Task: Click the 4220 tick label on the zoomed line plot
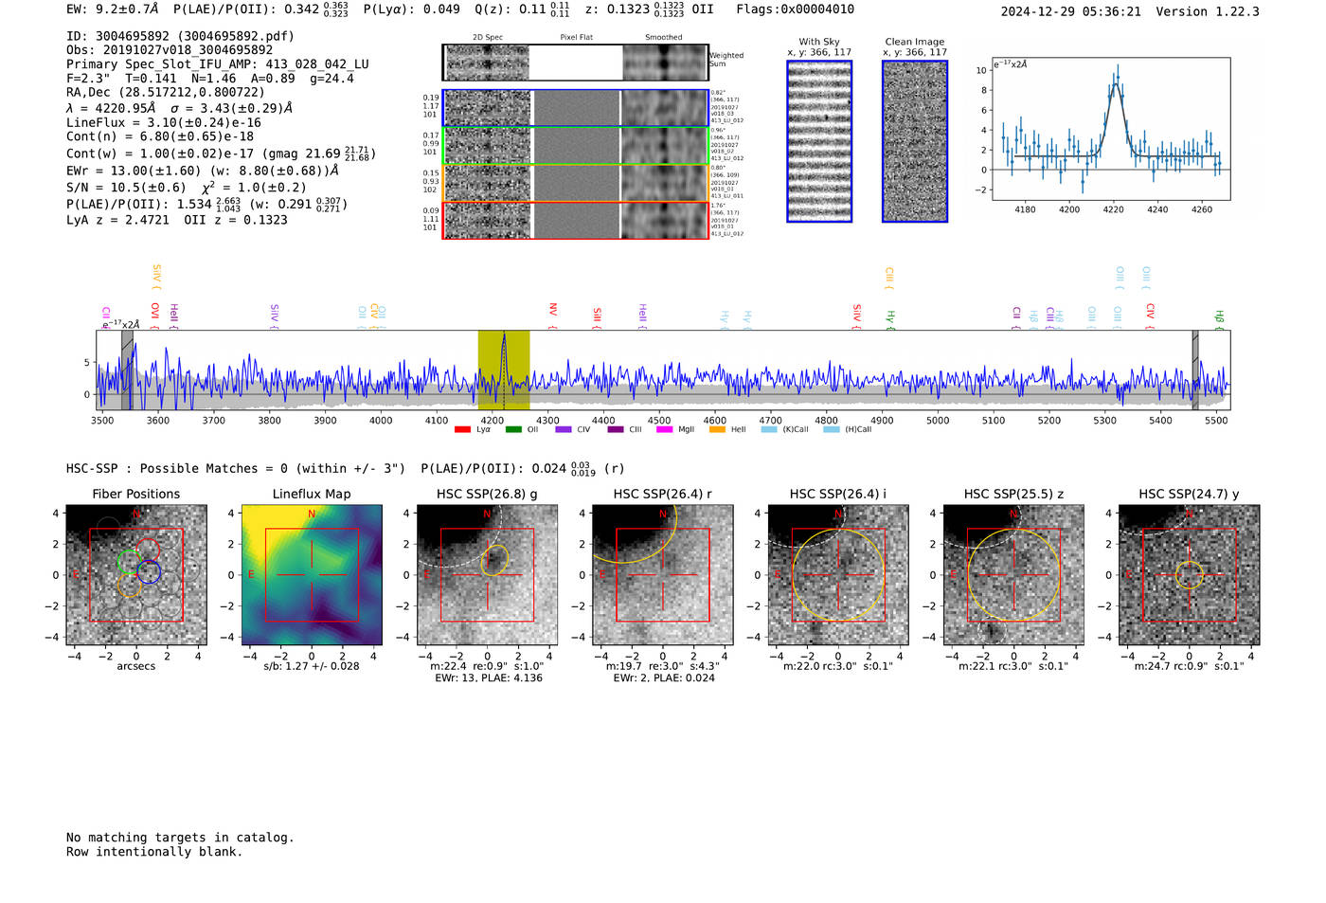tap(1113, 209)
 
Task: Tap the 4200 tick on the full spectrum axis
tap(492, 420)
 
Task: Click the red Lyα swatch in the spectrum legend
tap(462, 430)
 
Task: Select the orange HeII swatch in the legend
tap(717, 430)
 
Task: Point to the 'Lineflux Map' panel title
tap(312, 494)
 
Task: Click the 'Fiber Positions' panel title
tap(135, 494)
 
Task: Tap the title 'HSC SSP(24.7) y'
tap(1189, 494)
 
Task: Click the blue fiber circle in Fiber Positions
tap(149, 571)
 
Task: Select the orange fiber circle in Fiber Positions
tap(130, 586)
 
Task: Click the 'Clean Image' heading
tap(914, 42)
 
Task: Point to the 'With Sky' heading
tap(818, 42)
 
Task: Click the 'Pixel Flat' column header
tap(576, 38)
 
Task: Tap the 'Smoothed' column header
tap(663, 38)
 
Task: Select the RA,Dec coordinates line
tap(166, 92)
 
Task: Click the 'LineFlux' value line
tap(163, 122)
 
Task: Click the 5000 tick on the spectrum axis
tap(938, 420)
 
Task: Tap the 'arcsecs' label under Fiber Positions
tap(135, 666)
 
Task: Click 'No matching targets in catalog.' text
tap(180, 838)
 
